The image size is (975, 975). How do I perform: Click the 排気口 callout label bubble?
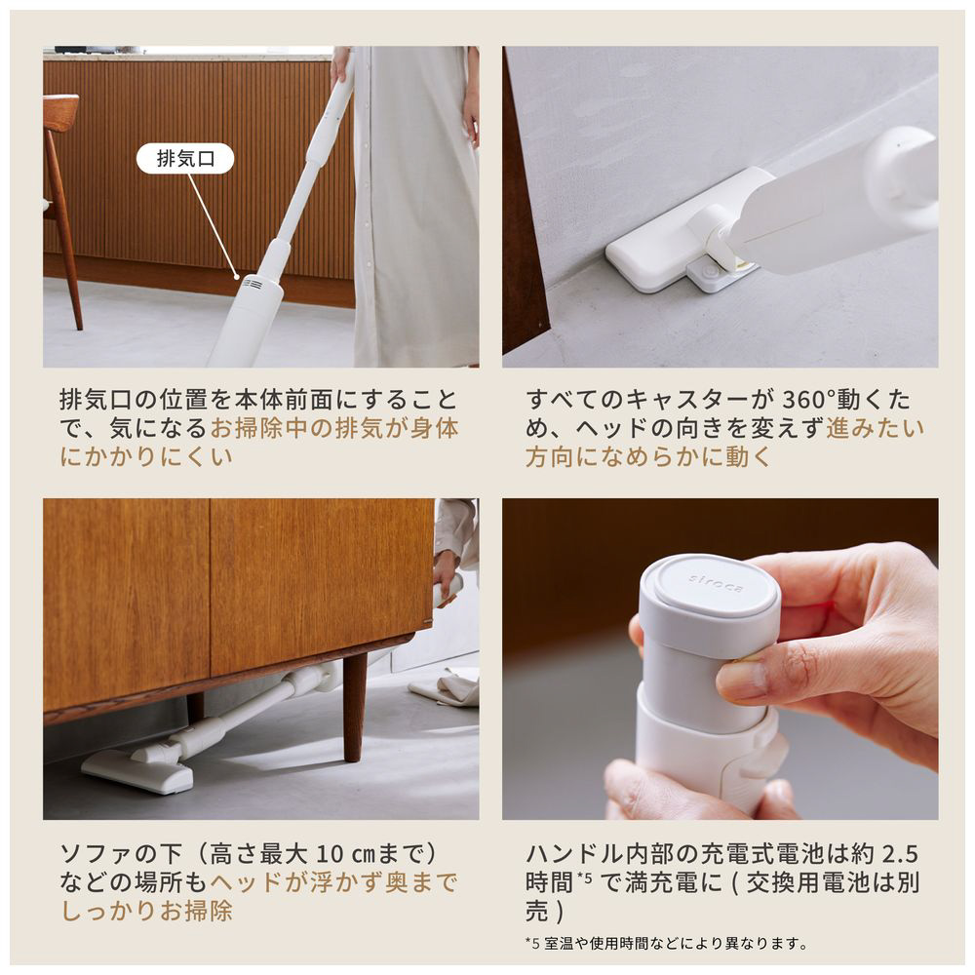coord(184,159)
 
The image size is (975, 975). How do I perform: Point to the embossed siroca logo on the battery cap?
coord(715,584)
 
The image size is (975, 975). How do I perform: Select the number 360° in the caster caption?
coord(808,399)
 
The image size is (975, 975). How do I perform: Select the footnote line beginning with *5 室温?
coord(666,943)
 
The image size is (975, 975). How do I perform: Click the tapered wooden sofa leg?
coord(355,706)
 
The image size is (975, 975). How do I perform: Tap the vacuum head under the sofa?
coord(138,770)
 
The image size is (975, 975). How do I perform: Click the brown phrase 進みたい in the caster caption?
coord(876,428)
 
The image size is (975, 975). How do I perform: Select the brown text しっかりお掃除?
coord(147,911)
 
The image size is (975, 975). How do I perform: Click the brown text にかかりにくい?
coord(146,456)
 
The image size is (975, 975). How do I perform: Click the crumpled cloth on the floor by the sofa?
coord(445,687)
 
